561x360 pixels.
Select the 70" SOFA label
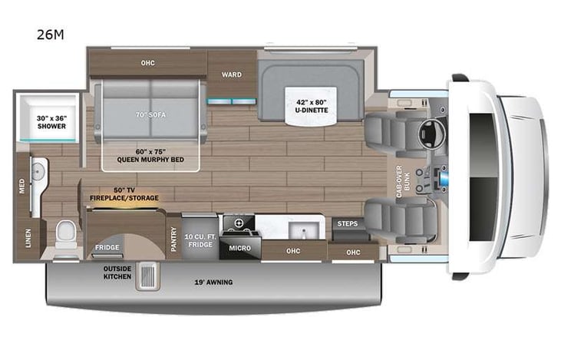pos(150,114)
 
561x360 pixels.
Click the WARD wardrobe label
pos(232,75)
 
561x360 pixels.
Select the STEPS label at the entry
pos(348,224)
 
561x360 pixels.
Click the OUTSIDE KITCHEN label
pos(117,272)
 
